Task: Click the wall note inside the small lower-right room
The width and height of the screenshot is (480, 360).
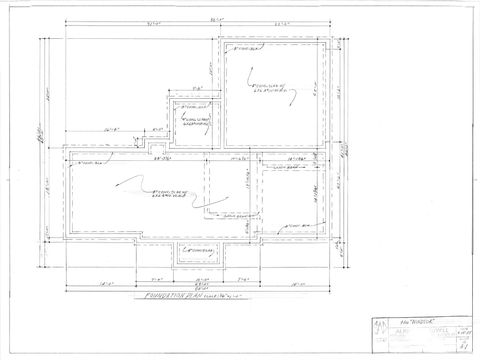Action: (290, 169)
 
